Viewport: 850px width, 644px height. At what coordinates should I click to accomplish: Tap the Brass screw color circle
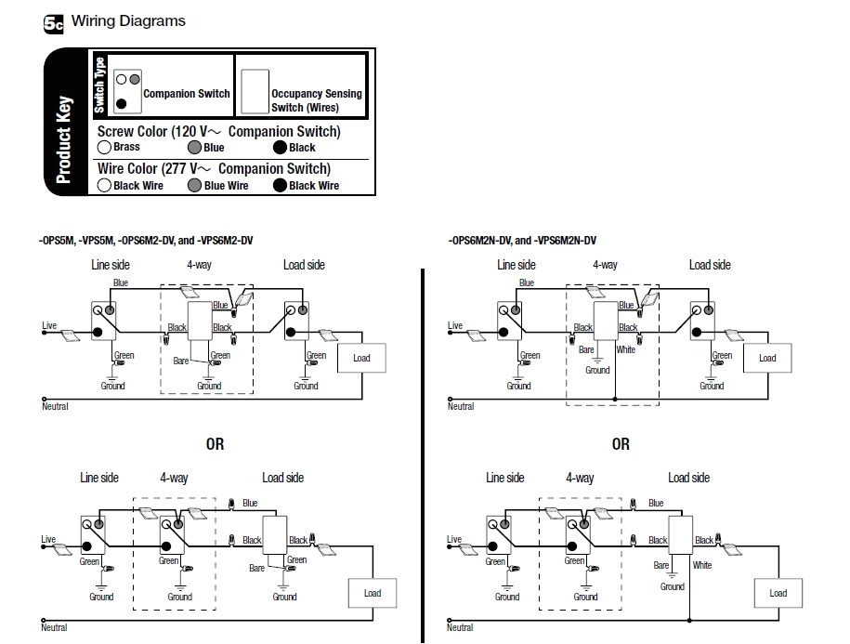click(x=104, y=147)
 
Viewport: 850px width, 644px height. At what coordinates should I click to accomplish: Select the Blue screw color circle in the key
click(x=193, y=147)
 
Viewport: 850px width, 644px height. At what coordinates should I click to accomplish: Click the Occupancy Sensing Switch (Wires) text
click(x=316, y=100)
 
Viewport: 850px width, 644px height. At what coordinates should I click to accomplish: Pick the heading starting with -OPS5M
click(x=146, y=241)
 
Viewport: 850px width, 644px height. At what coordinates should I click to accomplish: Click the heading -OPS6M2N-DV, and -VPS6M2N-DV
click(x=522, y=241)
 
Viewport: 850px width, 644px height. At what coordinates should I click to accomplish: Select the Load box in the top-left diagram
click(x=361, y=358)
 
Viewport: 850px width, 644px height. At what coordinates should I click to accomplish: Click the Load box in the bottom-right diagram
click(x=778, y=593)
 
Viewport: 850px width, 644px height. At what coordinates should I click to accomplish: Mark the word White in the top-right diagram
click(x=625, y=350)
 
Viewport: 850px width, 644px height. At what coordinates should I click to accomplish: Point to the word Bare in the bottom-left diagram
click(x=259, y=567)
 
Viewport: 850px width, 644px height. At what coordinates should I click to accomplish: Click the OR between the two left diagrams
click(x=215, y=444)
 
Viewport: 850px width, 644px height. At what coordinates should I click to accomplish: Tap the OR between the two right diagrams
click(x=621, y=444)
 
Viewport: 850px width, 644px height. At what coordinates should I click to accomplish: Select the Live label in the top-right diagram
click(x=455, y=325)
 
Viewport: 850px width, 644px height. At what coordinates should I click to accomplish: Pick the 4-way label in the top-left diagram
click(x=198, y=265)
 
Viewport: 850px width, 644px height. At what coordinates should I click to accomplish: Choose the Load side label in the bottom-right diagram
click(x=688, y=478)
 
